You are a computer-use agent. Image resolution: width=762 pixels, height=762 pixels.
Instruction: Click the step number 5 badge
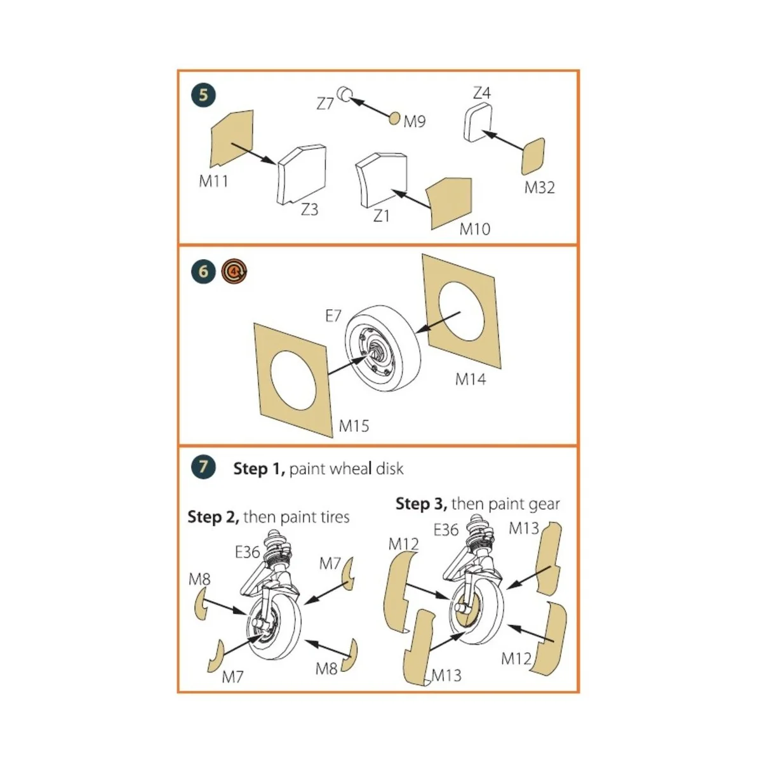point(203,95)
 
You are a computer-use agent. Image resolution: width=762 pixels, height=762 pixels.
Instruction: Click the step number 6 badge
point(203,272)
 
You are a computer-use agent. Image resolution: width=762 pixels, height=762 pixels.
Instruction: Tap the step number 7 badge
point(203,467)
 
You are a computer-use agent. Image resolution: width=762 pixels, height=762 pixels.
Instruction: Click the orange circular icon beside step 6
point(235,272)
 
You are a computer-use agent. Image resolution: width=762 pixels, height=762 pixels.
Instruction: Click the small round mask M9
point(395,118)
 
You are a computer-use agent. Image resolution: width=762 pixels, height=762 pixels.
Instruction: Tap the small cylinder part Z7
point(345,95)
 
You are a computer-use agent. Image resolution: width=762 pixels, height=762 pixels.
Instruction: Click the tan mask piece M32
point(533,156)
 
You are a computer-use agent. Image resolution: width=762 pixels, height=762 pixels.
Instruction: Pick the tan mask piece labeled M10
point(450,201)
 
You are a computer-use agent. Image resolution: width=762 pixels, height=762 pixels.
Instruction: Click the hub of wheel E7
point(373,350)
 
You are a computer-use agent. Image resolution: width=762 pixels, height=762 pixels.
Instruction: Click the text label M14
point(471,379)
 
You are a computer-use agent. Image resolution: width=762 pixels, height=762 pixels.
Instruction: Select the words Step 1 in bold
point(259,469)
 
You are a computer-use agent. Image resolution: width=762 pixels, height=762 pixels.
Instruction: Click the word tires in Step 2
point(331,517)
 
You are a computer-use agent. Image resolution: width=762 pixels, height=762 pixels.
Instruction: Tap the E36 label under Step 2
point(248,552)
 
